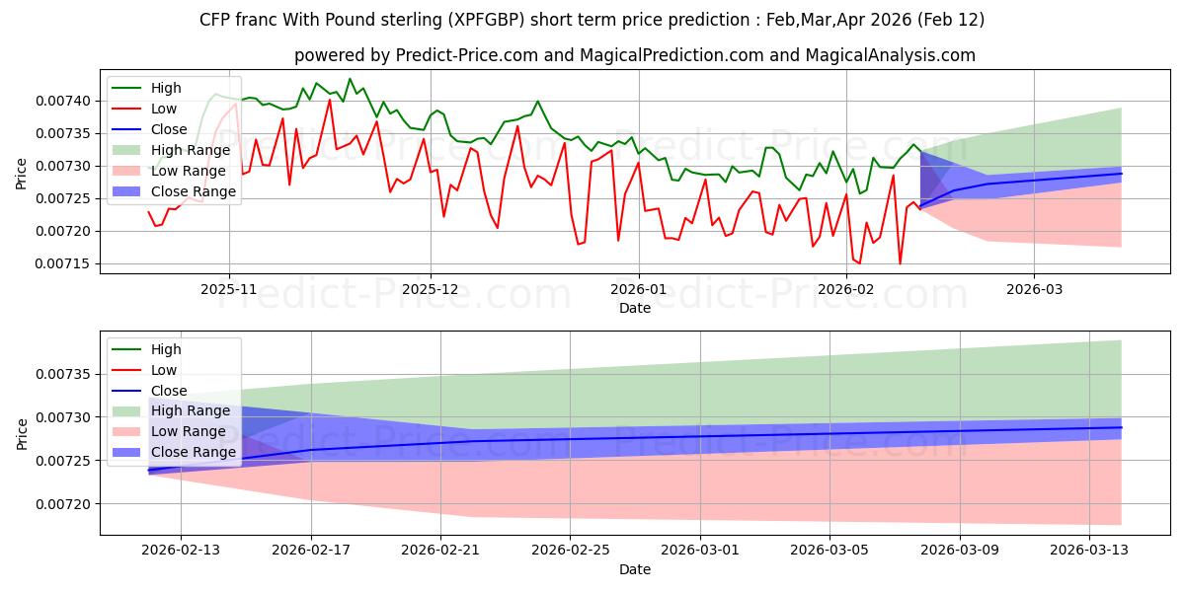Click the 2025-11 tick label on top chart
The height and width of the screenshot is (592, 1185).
[228, 289]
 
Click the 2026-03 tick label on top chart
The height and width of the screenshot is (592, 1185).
[1034, 289]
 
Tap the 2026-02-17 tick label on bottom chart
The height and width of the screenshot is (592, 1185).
[311, 552]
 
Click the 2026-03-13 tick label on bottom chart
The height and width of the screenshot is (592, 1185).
[1088, 552]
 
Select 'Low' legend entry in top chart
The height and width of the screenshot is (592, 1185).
[165, 109]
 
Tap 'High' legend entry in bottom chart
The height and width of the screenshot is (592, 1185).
[166, 349]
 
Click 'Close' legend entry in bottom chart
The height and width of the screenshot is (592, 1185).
[168, 391]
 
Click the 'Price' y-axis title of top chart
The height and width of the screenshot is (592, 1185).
[22, 173]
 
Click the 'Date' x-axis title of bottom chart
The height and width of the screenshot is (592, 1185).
[634, 569]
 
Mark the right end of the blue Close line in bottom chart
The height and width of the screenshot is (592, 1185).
[1122, 427]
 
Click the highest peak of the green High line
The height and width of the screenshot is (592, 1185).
[350, 79]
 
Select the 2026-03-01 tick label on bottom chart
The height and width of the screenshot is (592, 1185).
[700, 552]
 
